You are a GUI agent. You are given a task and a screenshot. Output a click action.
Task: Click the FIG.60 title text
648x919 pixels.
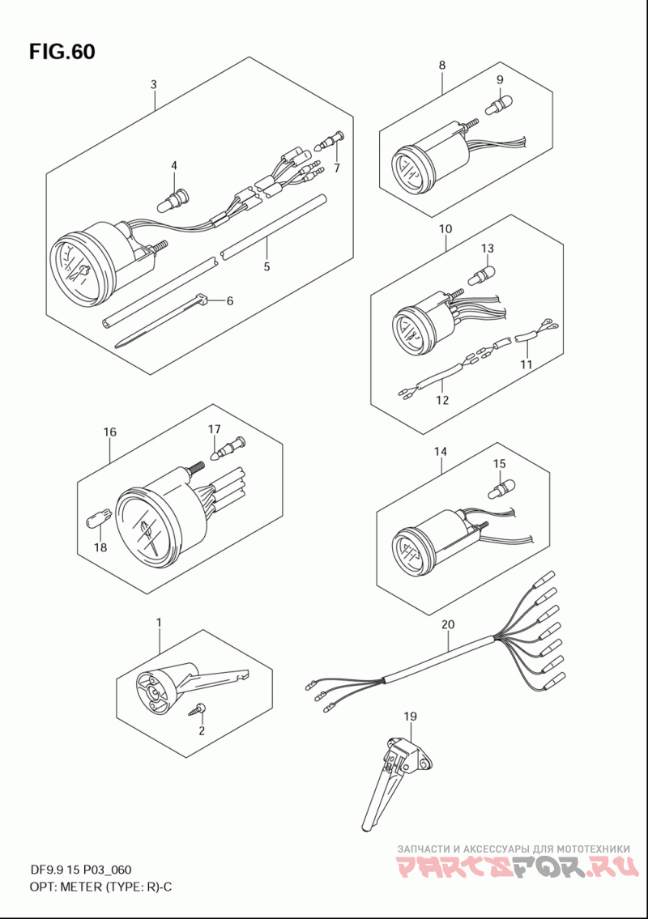pos(62,52)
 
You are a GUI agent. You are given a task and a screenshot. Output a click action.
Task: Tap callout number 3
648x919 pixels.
pos(154,84)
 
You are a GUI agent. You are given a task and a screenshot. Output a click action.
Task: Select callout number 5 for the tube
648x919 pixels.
pos(266,266)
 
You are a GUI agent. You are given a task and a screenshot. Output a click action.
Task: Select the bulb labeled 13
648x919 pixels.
pos(481,272)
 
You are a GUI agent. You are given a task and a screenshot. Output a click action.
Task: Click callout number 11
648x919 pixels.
pos(526,364)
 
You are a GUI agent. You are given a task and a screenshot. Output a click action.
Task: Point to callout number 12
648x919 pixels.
pos(442,400)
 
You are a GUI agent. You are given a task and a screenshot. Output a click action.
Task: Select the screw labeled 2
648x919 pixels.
pos(197,710)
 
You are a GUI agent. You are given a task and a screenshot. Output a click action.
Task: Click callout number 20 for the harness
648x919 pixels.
pos(447,625)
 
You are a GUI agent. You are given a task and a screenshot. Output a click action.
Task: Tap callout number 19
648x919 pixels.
pos(410,716)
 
